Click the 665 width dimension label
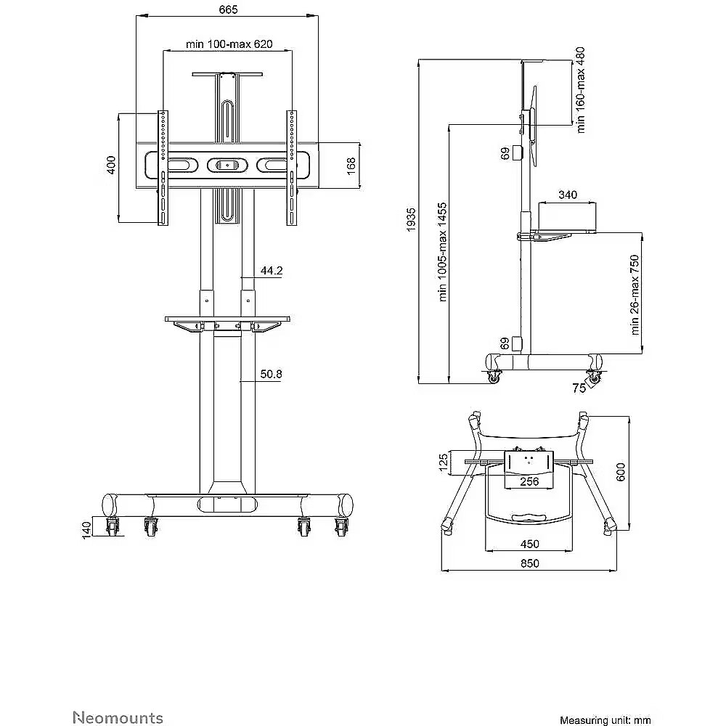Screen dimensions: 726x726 coord(228,9)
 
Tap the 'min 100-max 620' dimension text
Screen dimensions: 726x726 coord(229,44)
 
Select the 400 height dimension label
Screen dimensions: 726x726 coord(111,166)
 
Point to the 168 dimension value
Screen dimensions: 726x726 coord(351,166)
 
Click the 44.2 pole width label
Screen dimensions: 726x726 coord(272,270)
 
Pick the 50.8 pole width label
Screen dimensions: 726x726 coord(272,374)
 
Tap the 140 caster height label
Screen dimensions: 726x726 coord(86,531)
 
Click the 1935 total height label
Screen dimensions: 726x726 coord(411,220)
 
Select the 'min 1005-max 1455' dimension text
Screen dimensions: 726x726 coord(443,252)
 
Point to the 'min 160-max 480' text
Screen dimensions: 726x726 coord(581,90)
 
